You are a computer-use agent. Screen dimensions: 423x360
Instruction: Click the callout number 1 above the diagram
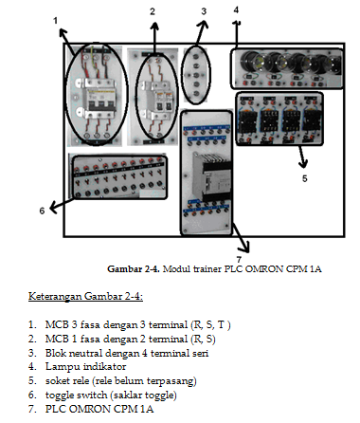pyautogui.click(x=55, y=19)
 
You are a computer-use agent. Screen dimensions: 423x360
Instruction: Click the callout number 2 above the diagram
pyautogui.click(x=152, y=11)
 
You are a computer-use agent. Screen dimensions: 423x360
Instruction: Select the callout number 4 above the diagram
pyautogui.click(x=236, y=10)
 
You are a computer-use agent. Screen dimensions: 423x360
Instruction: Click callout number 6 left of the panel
pyautogui.click(x=42, y=211)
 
